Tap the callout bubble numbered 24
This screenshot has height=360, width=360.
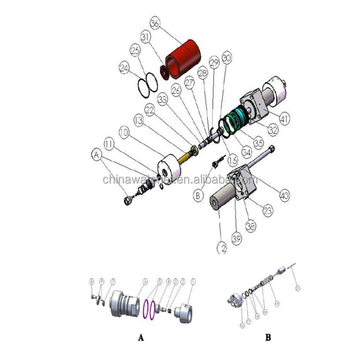pos(124,69)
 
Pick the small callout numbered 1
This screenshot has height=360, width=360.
pos(194,281)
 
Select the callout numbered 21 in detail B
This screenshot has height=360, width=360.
pos(298,288)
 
